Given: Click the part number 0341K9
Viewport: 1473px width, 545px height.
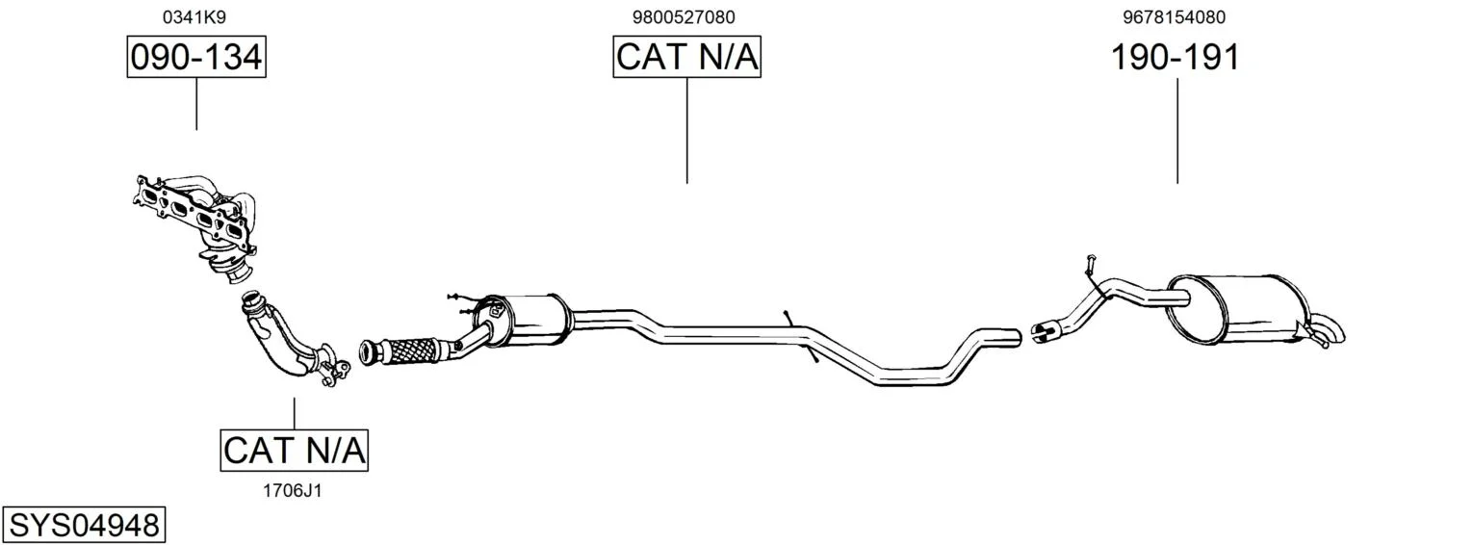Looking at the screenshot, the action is tap(194, 17).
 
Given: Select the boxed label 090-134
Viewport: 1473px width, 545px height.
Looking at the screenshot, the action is tap(196, 57).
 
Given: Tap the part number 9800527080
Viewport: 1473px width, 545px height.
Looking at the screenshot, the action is tap(684, 17).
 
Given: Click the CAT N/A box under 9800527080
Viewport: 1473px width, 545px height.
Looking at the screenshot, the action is tap(687, 57).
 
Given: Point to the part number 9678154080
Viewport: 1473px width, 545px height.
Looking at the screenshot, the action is tap(1175, 17).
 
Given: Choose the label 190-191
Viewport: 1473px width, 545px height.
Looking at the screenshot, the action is tap(1176, 57).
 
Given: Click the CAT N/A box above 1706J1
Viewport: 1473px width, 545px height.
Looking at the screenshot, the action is tap(294, 451).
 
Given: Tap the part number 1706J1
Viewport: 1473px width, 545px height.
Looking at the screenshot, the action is tap(293, 490).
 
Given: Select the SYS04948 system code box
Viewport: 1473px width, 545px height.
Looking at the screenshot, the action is tap(84, 526).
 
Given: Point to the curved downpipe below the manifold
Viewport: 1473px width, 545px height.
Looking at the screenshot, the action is tap(290, 339).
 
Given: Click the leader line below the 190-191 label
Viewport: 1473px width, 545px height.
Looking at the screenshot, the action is tap(1177, 131).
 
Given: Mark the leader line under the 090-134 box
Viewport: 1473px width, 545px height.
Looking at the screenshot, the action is tap(196, 104).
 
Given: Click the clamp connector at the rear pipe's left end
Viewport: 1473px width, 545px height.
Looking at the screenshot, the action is tap(1045, 330).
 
